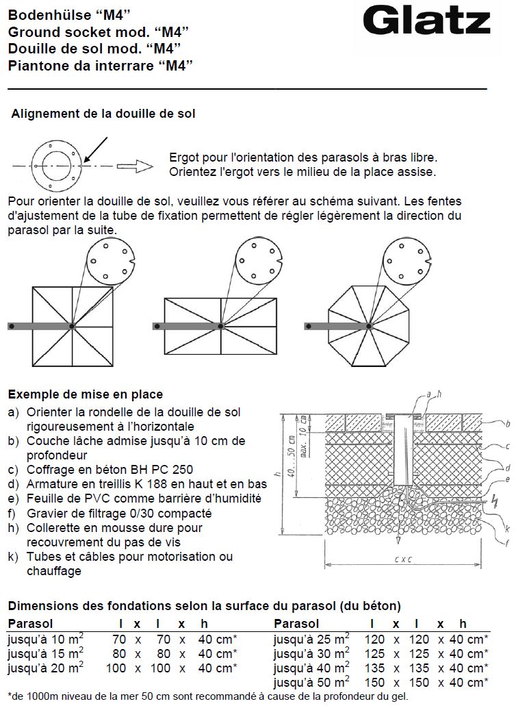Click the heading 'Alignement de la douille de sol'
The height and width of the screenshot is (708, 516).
click(x=103, y=114)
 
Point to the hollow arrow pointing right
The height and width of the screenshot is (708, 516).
click(x=133, y=165)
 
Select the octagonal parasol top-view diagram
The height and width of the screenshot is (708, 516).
click(x=369, y=325)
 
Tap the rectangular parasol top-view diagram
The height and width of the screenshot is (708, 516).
click(x=221, y=326)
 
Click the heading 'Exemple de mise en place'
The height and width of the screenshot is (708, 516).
click(x=86, y=394)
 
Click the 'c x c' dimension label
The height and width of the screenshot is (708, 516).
click(x=404, y=559)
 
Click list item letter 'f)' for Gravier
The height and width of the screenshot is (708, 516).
click(x=14, y=514)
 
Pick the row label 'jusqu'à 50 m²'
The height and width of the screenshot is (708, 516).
click(x=312, y=683)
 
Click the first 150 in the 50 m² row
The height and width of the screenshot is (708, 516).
click(x=376, y=683)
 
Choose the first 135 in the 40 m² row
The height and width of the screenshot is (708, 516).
click(x=376, y=668)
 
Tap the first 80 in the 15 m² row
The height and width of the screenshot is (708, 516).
click(x=119, y=654)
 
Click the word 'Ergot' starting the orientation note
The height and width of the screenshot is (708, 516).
click(x=184, y=157)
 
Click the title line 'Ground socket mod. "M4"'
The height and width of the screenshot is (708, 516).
click(x=98, y=31)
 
